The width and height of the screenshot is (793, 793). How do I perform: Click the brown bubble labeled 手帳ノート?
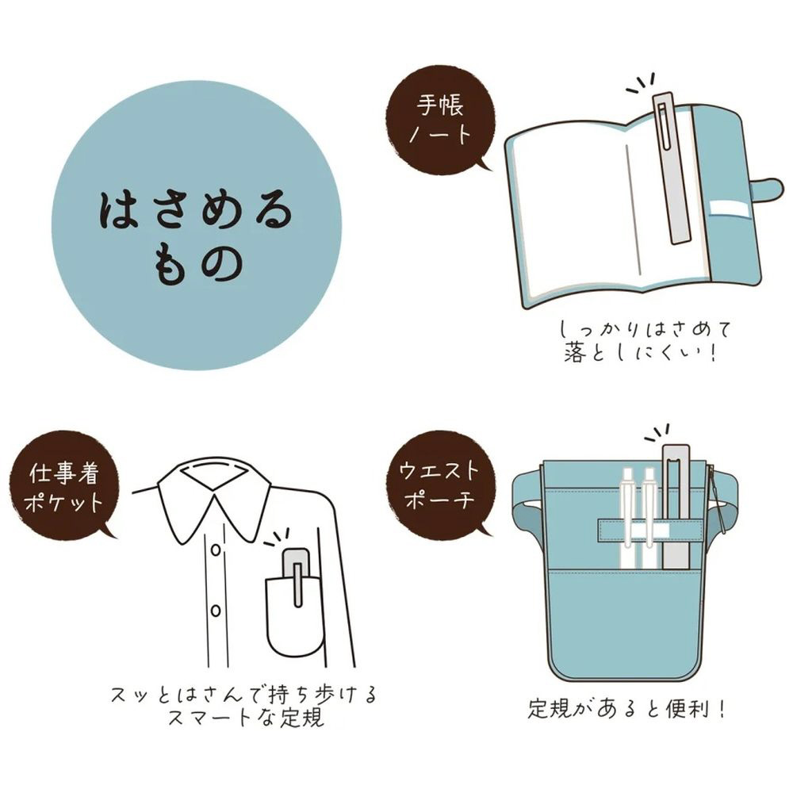coord(439,121)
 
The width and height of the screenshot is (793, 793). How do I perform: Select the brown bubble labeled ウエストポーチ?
coord(439,485)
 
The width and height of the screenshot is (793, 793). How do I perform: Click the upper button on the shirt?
coord(216,550)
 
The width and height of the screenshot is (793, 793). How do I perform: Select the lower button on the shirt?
coord(216,611)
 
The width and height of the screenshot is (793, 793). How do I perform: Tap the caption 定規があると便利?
coord(627,708)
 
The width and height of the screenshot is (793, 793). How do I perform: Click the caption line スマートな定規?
coord(247,718)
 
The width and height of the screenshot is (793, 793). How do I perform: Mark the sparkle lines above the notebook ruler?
coord(642,84)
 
